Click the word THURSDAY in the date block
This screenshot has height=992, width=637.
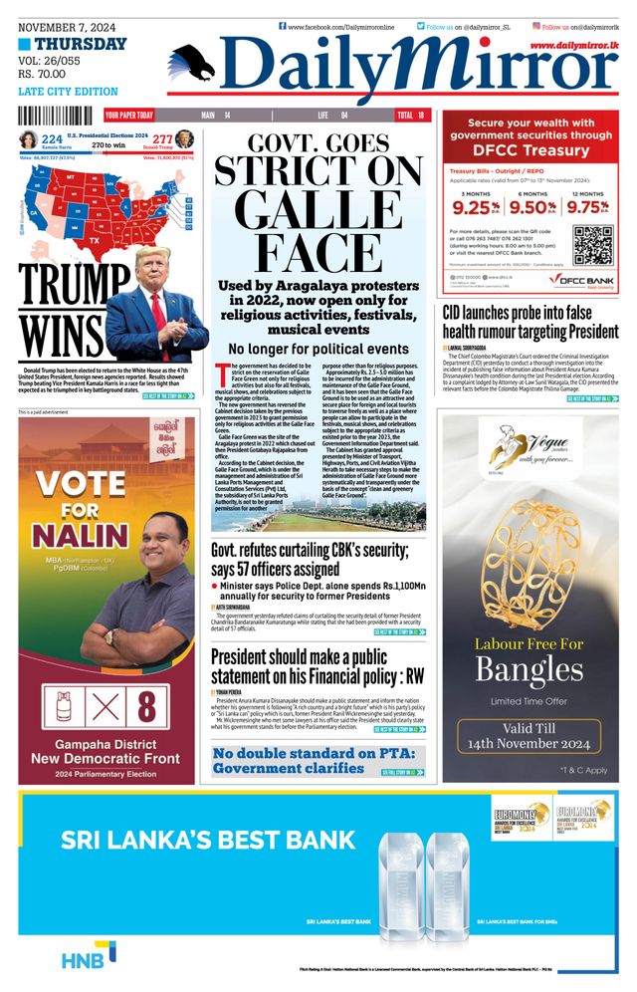81,44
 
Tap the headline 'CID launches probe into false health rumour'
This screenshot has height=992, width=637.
530,321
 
